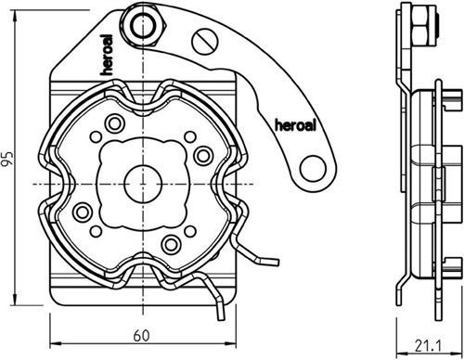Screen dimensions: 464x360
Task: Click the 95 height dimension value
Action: (7, 159)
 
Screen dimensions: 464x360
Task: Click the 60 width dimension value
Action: (141, 336)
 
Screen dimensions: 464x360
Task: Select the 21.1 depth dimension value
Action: (428, 346)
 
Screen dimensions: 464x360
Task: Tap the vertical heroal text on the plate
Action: (107, 55)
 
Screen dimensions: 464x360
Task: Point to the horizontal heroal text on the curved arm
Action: (295, 125)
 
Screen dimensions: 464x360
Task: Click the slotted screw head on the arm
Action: (205, 42)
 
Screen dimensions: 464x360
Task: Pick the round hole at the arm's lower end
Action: (313, 169)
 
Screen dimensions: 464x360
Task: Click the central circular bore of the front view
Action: (143, 184)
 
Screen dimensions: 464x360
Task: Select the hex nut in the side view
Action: (422, 26)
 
